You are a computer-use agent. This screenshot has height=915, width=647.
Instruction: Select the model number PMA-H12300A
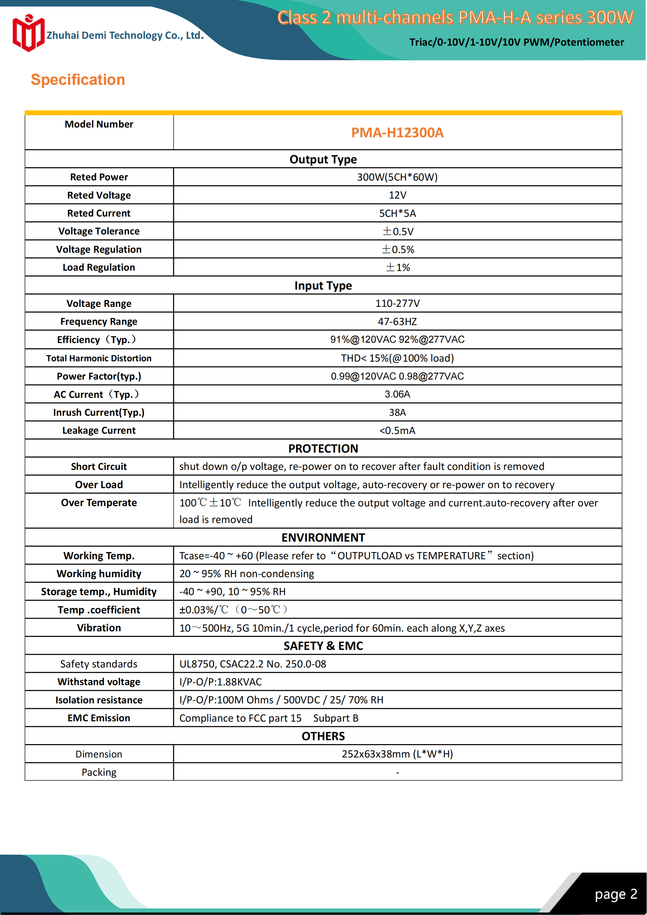tap(397, 133)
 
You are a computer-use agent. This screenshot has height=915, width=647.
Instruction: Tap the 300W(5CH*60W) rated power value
tap(397, 177)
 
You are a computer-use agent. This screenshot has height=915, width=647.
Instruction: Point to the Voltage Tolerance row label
tap(99, 231)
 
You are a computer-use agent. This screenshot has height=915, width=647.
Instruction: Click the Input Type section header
tap(323, 285)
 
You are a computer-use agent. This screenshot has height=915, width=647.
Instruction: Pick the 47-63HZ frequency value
tap(397, 321)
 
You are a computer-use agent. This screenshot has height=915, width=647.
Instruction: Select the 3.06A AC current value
tap(397, 394)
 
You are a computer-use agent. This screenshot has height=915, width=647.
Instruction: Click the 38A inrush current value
tap(397, 412)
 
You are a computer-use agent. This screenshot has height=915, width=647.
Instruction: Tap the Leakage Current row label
tap(99, 430)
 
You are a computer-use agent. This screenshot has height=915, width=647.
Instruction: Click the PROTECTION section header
tap(323, 448)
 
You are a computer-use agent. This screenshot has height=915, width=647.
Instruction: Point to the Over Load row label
tap(99, 485)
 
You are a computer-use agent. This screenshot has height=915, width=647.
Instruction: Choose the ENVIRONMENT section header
tap(323, 538)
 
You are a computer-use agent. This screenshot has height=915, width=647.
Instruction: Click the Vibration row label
tap(99, 628)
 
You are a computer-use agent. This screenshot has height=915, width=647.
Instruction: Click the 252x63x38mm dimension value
tap(397, 754)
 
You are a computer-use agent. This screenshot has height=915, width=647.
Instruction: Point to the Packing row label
tap(99, 772)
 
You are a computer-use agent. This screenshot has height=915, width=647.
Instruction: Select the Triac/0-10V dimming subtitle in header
tap(516, 42)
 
